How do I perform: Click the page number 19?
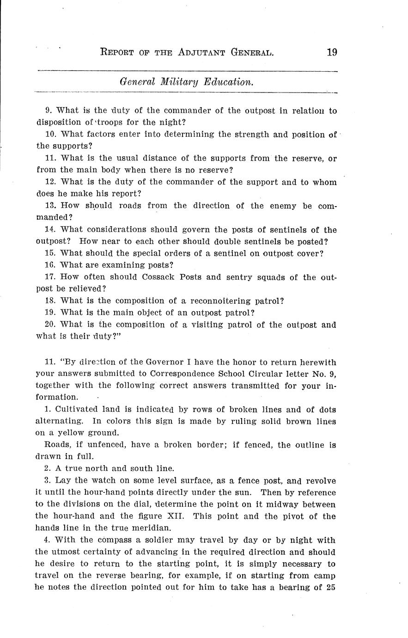[331, 52]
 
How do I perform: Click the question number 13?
[50, 205]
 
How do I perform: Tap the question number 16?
[50, 265]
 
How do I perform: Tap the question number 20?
[50, 325]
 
